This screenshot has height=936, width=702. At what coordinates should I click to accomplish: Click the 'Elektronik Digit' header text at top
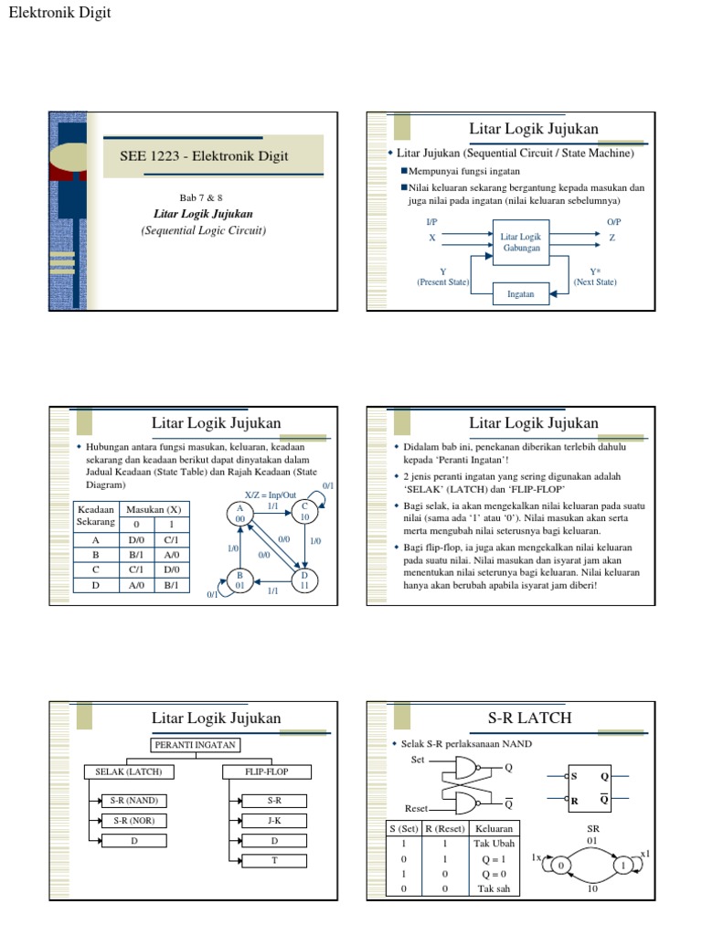tap(59, 13)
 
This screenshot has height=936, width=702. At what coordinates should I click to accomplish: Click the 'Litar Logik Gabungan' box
tap(521, 242)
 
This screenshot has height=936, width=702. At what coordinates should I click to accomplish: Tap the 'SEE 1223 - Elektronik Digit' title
tap(204, 156)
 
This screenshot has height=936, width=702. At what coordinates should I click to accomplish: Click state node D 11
tap(304, 580)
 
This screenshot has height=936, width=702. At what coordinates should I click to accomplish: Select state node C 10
tap(304, 511)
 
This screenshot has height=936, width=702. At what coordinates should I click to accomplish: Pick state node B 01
tap(239, 580)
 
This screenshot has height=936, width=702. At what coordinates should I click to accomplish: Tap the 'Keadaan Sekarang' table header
tap(96, 516)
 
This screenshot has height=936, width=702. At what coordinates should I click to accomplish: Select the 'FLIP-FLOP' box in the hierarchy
tap(267, 772)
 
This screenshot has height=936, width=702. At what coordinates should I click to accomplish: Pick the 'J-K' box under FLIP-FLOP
tap(274, 820)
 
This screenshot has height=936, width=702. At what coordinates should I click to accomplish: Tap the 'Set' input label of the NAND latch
tap(419, 760)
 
